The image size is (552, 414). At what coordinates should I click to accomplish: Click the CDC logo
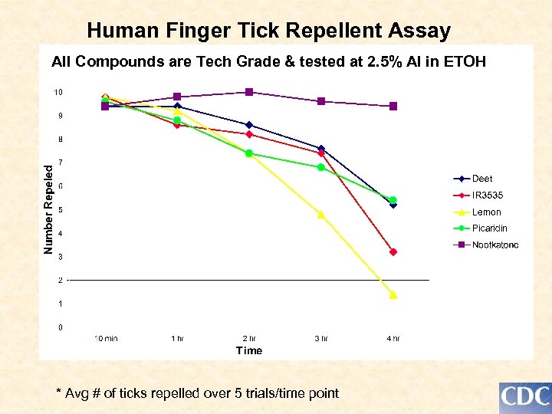[525, 397]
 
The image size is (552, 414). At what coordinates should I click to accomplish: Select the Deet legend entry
[482, 179]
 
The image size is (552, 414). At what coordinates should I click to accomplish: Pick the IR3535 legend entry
[487, 195]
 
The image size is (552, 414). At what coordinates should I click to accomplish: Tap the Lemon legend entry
[486, 212]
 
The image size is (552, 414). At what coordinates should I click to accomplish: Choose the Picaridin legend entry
[489, 228]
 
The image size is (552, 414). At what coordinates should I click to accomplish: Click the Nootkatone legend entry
[495, 245]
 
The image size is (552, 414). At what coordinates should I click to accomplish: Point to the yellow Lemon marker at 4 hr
[393, 294]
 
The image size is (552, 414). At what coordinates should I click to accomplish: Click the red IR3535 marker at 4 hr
[393, 252]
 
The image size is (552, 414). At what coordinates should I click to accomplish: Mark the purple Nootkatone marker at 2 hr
[249, 92]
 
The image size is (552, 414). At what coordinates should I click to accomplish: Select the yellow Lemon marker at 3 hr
[321, 215]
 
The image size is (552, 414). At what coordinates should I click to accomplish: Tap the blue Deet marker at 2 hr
[249, 125]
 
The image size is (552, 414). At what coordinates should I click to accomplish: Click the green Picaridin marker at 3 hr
[321, 167]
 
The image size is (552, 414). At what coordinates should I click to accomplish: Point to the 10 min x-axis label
[106, 338]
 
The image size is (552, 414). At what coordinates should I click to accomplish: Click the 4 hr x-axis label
[393, 338]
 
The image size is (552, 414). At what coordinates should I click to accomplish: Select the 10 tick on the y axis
[58, 93]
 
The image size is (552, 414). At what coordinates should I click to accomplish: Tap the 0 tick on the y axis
[61, 328]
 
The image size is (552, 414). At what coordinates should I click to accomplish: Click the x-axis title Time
[249, 351]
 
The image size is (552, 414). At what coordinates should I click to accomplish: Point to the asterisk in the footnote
[59, 393]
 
